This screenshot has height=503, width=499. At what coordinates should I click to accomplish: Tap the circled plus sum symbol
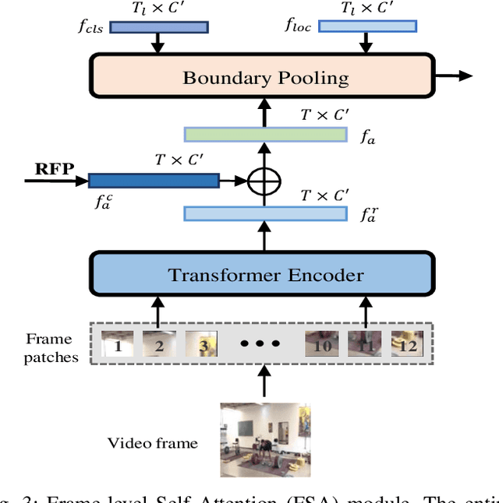tap(264, 181)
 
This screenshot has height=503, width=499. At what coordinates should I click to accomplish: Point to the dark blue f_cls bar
tap(158, 26)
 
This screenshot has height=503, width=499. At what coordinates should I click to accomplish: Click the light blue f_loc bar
tap(367, 26)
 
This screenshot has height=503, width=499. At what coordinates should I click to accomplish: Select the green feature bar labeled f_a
tap(265, 134)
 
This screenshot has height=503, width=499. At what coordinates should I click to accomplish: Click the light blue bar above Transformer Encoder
tap(265, 213)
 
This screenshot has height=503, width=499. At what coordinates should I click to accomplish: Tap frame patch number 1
tap(118, 343)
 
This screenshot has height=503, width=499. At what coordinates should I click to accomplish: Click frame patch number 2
tap(159, 343)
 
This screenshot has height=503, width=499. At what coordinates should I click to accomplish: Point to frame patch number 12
tap(407, 343)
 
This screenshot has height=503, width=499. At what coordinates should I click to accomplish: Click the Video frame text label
tap(153, 443)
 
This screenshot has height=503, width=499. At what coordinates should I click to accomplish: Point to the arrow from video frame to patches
tap(264, 383)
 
